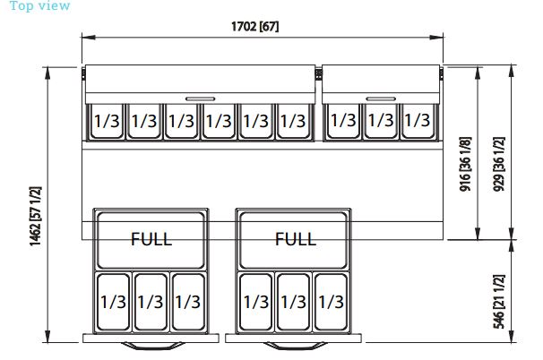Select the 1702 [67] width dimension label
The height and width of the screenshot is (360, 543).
255,26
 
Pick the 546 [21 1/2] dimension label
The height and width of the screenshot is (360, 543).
498,301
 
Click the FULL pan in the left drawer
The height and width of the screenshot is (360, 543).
151,239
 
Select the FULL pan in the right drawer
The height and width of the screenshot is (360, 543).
295,239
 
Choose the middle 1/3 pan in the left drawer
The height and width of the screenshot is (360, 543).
151,302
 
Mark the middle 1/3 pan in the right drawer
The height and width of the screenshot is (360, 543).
295,302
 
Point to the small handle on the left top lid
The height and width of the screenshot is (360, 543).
199,97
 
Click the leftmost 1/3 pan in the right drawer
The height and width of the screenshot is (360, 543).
257,302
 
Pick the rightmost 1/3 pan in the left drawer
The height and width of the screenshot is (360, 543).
187,302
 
